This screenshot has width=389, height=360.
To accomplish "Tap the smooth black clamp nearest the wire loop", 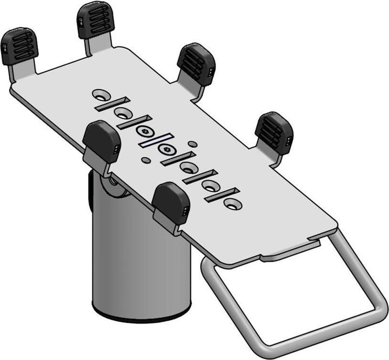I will pyautogui.click(x=171, y=202).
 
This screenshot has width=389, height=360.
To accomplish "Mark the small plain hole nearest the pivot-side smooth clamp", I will pyautogui.click(x=145, y=160).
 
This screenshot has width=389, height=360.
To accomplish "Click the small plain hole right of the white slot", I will pyautogui.click(x=192, y=144).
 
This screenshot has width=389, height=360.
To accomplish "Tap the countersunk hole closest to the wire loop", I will pyautogui.click(x=232, y=204).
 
